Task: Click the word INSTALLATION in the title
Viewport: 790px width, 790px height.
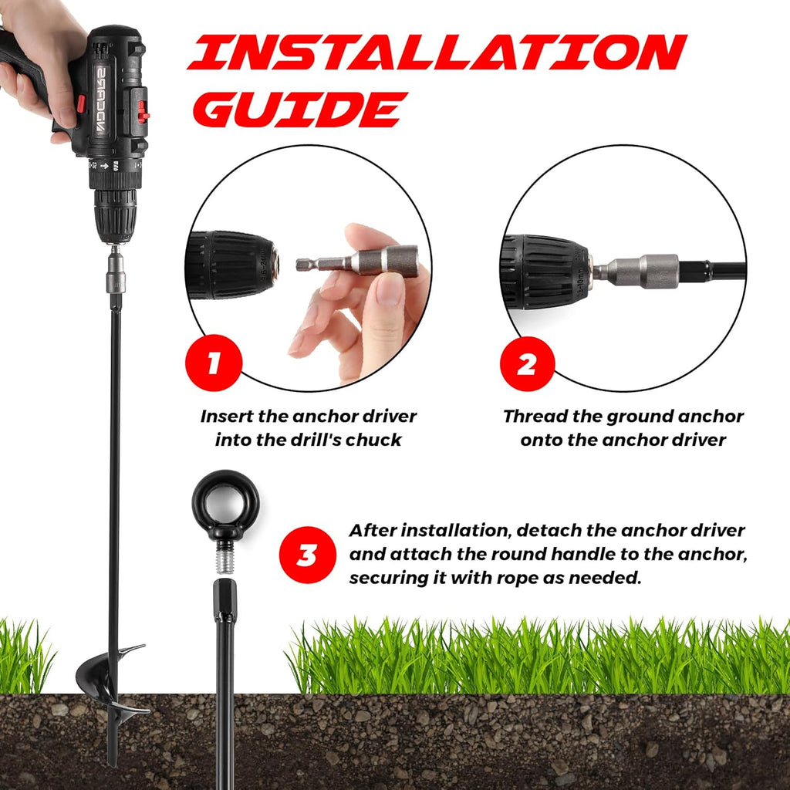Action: (x=437, y=52)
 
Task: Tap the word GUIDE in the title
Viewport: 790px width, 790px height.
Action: (x=300, y=110)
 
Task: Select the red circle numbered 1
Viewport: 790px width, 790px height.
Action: (x=214, y=363)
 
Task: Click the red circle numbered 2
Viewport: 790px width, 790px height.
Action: (x=528, y=364)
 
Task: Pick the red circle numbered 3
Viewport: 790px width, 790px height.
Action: (x=307, y=555)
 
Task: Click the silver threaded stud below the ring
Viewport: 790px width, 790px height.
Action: (x=225, y=557)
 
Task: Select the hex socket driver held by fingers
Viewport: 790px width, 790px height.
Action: (x=357, y=261)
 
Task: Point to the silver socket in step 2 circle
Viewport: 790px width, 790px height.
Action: (x=636, y=271)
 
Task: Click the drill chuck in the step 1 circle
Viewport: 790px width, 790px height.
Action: (x=232, y=265)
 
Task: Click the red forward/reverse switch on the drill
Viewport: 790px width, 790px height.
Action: (x=143, y=112)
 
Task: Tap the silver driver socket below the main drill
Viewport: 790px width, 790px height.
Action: (x=116, y=273)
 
